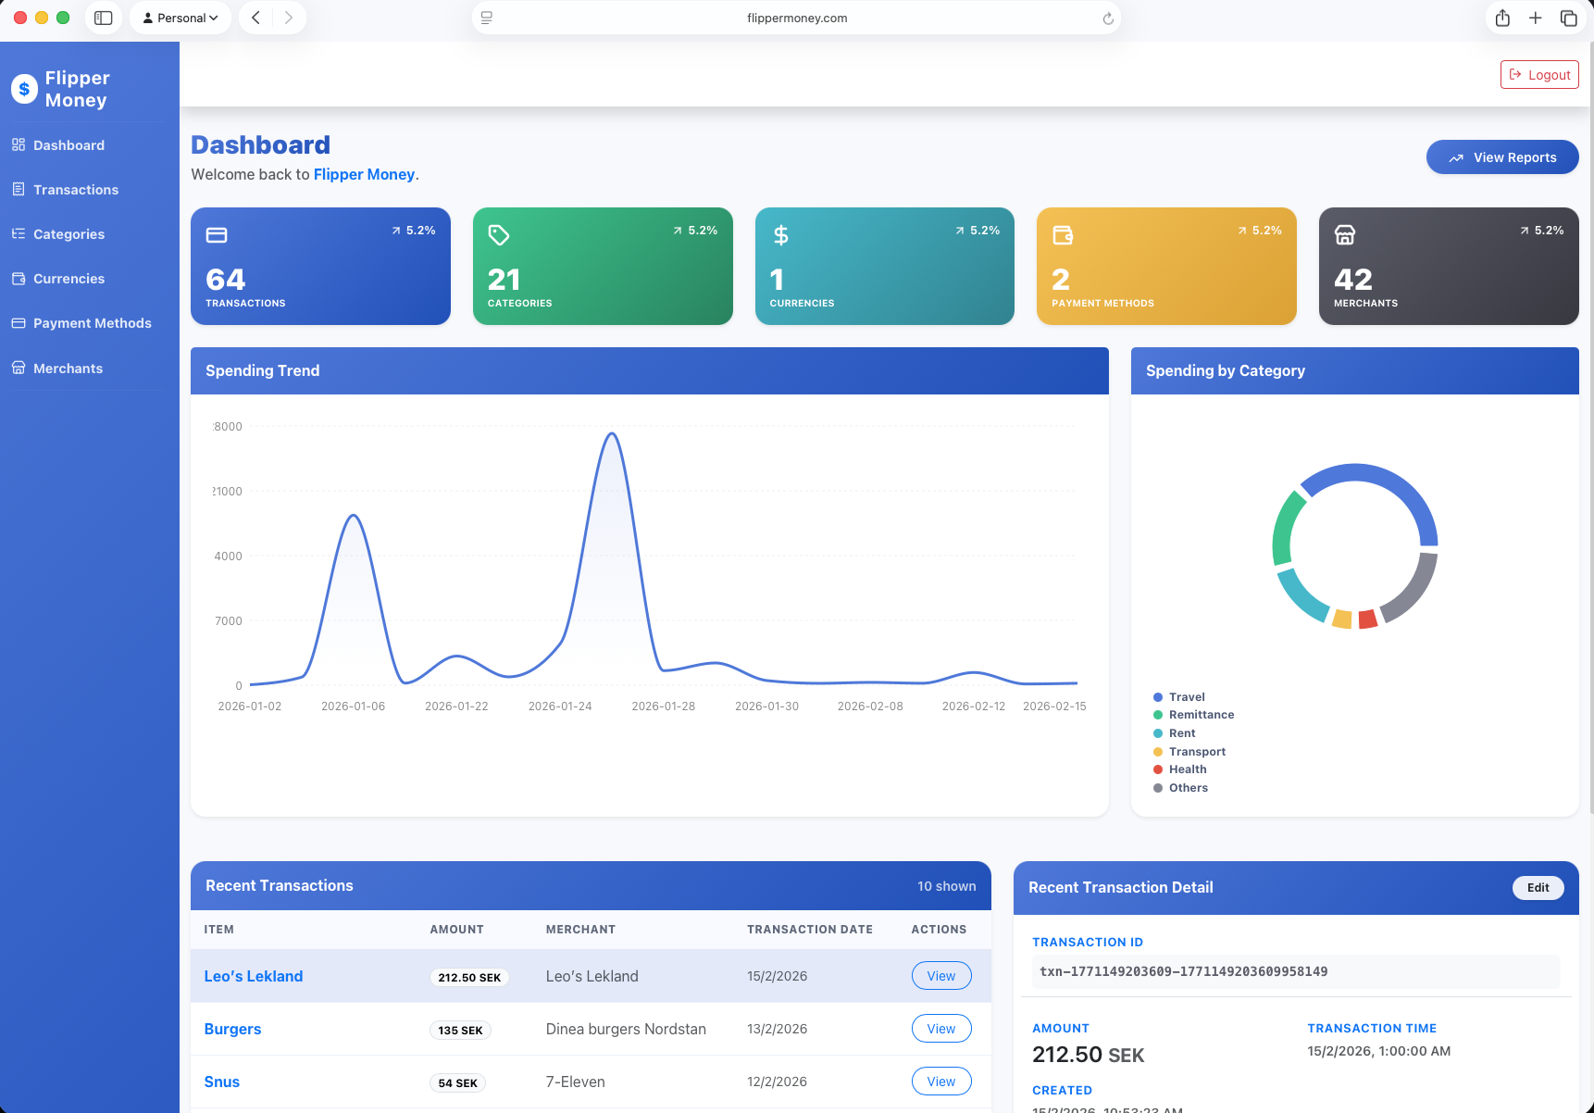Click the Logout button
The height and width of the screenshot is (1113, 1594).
point(1539,75)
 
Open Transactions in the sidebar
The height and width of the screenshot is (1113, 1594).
point(76,190)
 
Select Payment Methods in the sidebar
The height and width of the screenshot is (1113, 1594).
point(92,323)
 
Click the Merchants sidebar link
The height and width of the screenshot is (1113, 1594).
point(68,369)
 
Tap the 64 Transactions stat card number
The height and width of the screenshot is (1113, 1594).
point(226,280)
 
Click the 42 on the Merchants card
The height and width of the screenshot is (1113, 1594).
point(1352,280)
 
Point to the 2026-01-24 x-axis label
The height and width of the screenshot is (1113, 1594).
point(560,707)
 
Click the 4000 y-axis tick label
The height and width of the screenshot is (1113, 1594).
point(228,556)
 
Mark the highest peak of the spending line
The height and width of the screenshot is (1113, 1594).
point(611,433)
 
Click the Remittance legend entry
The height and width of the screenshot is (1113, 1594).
point(1201,715)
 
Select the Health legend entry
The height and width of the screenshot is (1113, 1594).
point(1187,769)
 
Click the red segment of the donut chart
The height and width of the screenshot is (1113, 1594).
point(1367,619)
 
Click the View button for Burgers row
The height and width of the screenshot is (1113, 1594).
point(940,1029)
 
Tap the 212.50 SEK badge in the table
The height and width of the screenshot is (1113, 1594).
point(469,977)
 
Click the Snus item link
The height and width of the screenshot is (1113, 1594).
point(222,1082)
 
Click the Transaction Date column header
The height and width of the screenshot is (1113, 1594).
point(809,930)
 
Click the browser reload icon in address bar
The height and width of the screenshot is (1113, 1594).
point(1108,19)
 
